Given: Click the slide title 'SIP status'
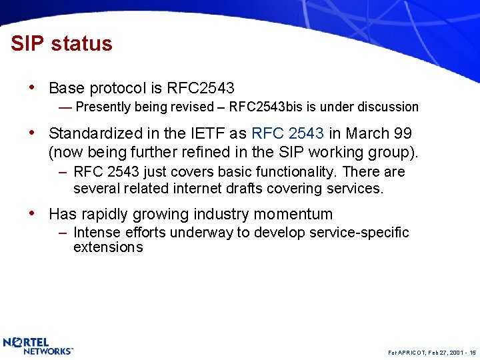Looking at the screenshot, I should (x=61, y=44).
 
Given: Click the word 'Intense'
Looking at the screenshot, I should (x=95, y=233).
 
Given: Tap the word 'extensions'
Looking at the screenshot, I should (x=108, y=247).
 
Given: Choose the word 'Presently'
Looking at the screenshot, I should (x=103, y=107).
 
